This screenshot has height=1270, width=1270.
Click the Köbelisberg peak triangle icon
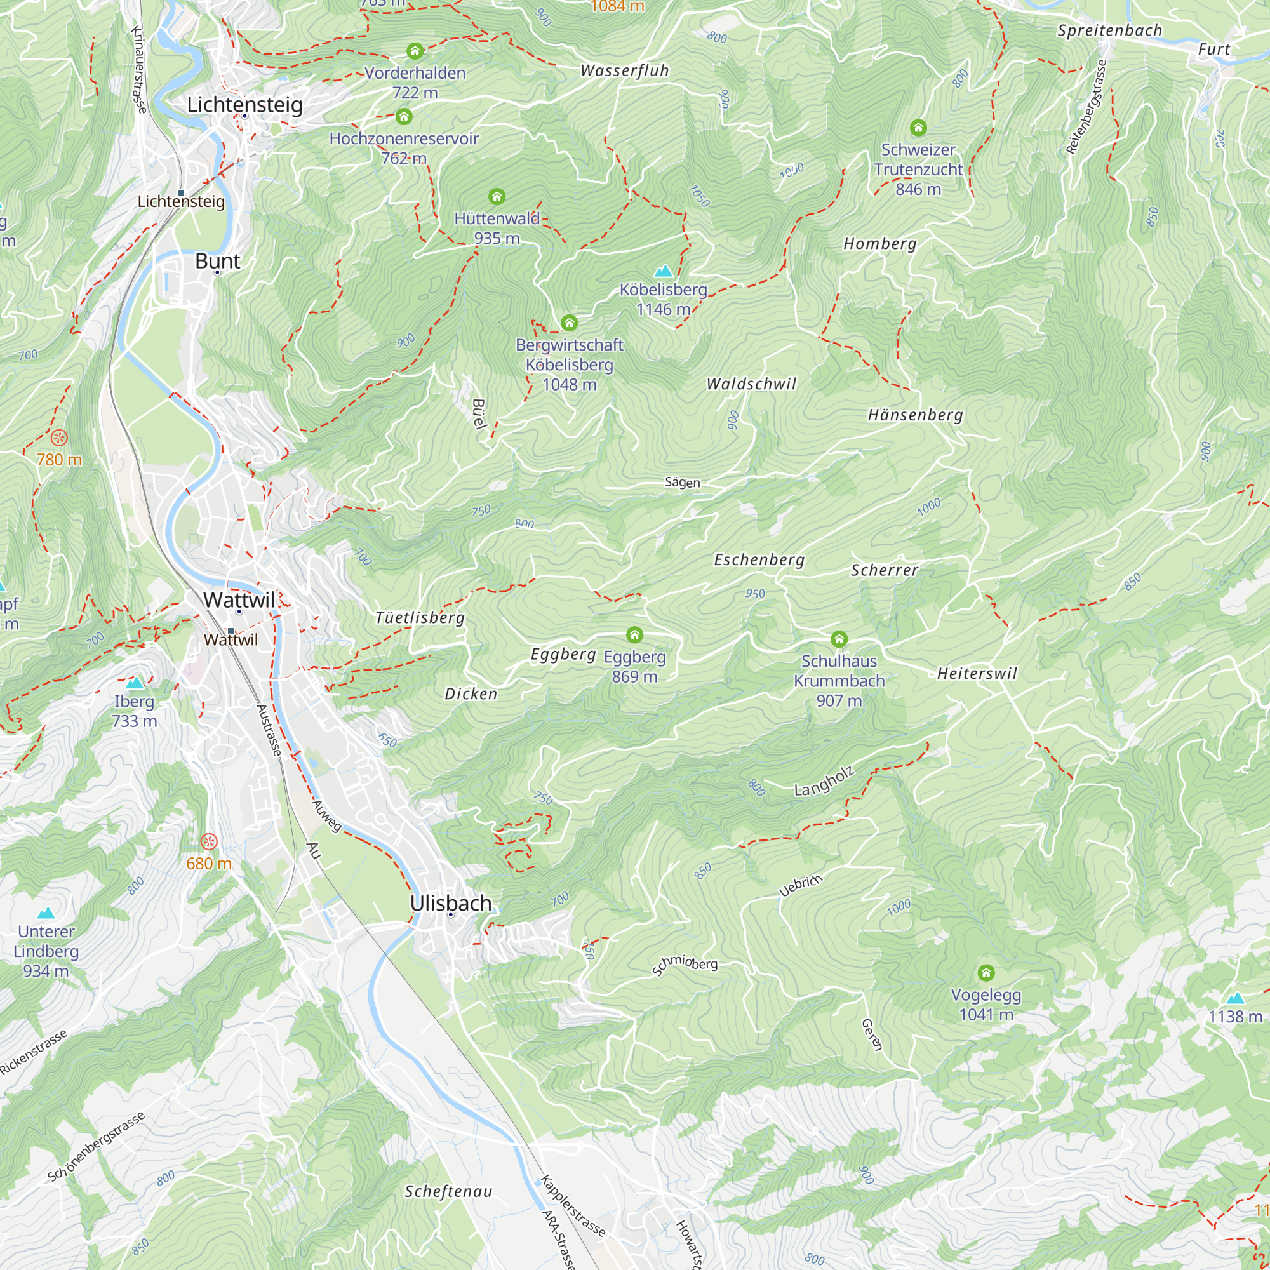(664, 271)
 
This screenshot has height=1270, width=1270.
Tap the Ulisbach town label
(450, 903)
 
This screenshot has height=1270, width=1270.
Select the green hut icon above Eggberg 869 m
(634, 634)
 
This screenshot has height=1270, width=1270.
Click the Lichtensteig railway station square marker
(182, 192)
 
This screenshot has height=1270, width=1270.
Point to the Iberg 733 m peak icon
(135, 683)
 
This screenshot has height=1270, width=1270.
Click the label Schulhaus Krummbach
(839, 671)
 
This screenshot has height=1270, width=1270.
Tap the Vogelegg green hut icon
(986, 972)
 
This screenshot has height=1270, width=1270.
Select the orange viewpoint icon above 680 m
(209, 841)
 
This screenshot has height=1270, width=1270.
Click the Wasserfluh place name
(624, 71)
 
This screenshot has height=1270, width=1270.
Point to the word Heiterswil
(977, 673)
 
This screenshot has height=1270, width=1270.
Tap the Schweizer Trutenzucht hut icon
(918, 128)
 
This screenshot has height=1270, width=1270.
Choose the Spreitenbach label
(1109, 31)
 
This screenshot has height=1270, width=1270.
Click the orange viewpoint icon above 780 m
(59, 438)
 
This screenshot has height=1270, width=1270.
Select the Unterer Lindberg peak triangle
(45, 913)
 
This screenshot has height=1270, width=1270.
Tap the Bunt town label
(218, 261)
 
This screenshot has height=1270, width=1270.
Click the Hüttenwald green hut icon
(497, 197)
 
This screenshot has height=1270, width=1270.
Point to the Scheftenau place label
(448, 1191)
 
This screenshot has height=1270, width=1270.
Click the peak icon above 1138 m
(1235, 998)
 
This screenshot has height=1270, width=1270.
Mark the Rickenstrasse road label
(33, 1052)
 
